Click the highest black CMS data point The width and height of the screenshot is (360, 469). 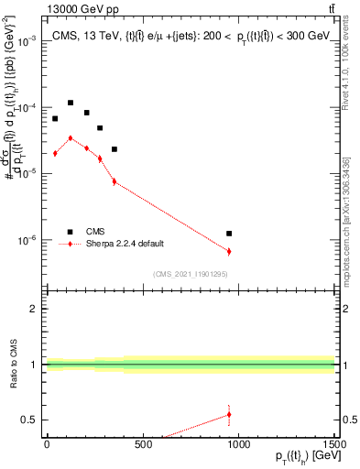(71, 103)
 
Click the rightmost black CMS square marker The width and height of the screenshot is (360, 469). (229, 234)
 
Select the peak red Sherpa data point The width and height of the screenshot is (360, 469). (71, 137)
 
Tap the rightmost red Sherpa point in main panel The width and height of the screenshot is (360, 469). (229, 251)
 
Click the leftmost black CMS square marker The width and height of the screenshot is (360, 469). (55, 118)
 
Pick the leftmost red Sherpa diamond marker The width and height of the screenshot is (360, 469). (55, 153)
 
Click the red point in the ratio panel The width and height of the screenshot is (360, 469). (229, 414)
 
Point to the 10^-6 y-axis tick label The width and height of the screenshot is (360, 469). (28, 240)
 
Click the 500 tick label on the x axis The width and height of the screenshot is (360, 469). (142, 445)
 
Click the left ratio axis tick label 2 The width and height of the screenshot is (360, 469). (35, 309)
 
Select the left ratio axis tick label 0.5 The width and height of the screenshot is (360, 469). (31, 420)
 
